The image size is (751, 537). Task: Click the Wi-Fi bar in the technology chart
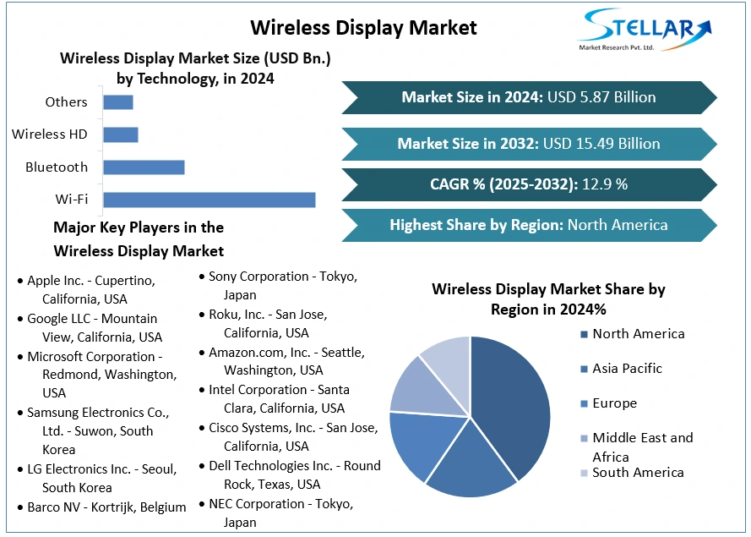[209, 200]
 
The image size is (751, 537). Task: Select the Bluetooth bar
[144, 167]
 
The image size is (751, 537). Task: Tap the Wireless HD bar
[120, 134]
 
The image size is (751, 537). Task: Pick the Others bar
[117, 102]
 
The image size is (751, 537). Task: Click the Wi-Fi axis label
[72, 200]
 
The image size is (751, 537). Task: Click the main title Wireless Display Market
[364, 27]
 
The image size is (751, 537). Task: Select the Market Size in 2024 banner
[529, 97]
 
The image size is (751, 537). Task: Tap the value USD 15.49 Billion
[602, 143]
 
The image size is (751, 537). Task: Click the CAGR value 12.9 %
[605, 184]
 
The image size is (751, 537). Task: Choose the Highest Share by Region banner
[529, 225]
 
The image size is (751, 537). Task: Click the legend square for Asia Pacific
[584, 369]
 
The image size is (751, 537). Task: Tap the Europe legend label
[614, 403]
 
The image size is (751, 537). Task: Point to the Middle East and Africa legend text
[642, 447]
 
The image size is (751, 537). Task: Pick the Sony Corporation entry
[282, 286]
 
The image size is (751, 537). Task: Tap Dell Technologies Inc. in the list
[294, 475]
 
